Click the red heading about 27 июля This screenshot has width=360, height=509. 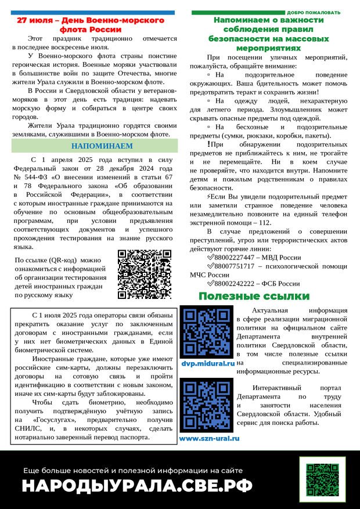click(x=90, y=24)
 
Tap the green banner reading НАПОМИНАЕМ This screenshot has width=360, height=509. click(x=95, y=146)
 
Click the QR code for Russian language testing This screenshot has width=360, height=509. click(x=144, y=273)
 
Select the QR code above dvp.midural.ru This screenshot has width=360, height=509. click(x=207, y=332)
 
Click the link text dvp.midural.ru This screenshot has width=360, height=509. click(x=207, y=363)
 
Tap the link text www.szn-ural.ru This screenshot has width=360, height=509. click(x=209, y=438)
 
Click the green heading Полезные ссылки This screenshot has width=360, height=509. click(x=254, y=297)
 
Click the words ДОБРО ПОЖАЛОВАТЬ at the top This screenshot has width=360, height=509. click(x=314, y=12)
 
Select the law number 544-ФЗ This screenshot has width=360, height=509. click(x=38, y=176)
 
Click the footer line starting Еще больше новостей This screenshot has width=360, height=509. click(x=133, y=471)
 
